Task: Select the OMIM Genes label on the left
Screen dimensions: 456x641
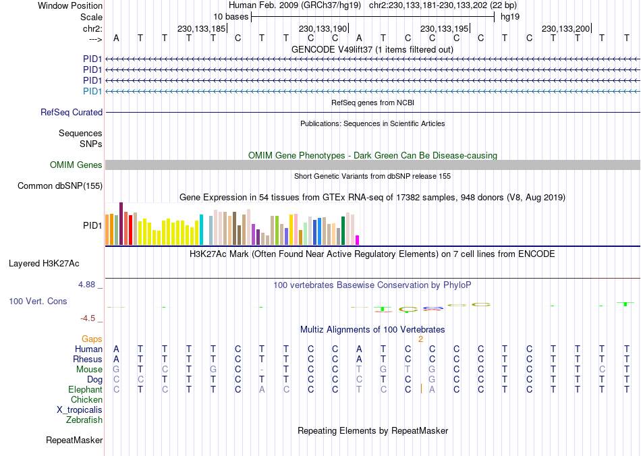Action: pyautogui.click(x=76, y=165)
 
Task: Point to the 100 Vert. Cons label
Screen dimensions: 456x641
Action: pyautogui.click(x=38, y=301)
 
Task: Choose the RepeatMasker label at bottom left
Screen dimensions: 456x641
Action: pyautogui.click(x=74, y=440)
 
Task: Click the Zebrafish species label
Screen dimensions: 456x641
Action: pyautogui.click(x=84, y=420)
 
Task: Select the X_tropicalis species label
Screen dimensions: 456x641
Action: pyautogui.click(x=80, y=410)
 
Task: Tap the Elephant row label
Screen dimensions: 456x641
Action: pyautogui.click(x=85, y=390)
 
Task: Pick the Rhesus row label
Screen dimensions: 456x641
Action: pyautogui.click(x=88, y=360)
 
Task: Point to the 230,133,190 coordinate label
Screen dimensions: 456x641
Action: pyautogui.click(x=323, y=28)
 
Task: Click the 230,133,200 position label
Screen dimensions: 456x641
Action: pyautogui.click(x=565, y=28)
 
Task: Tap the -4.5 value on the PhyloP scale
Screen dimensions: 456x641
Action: pyautogui.click(x=88, y=318)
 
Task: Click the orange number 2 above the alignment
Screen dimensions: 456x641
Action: pyautogui.click(x=420, y=339)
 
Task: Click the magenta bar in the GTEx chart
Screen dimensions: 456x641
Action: pyautogui.click(x=358, y=239)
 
